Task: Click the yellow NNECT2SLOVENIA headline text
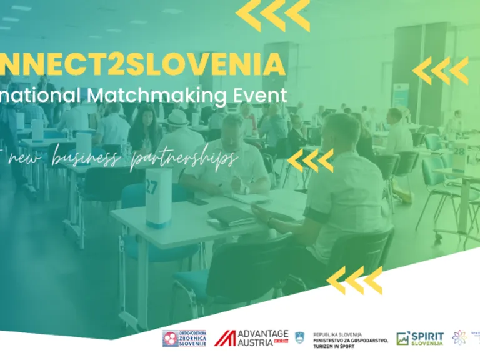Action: pos(143,65)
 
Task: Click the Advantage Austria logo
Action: pos(251,337)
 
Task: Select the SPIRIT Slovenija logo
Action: pos(420,338)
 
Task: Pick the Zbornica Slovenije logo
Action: pos(184,338)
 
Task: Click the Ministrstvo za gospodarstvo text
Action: pos(351,339)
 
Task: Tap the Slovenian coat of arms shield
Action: pos(300,337)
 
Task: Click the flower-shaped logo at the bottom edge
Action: pos(460,337)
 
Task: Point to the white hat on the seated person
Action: pos(178,117)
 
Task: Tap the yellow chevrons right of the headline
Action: pos(441,71)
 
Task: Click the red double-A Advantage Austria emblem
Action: pos(225,338)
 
